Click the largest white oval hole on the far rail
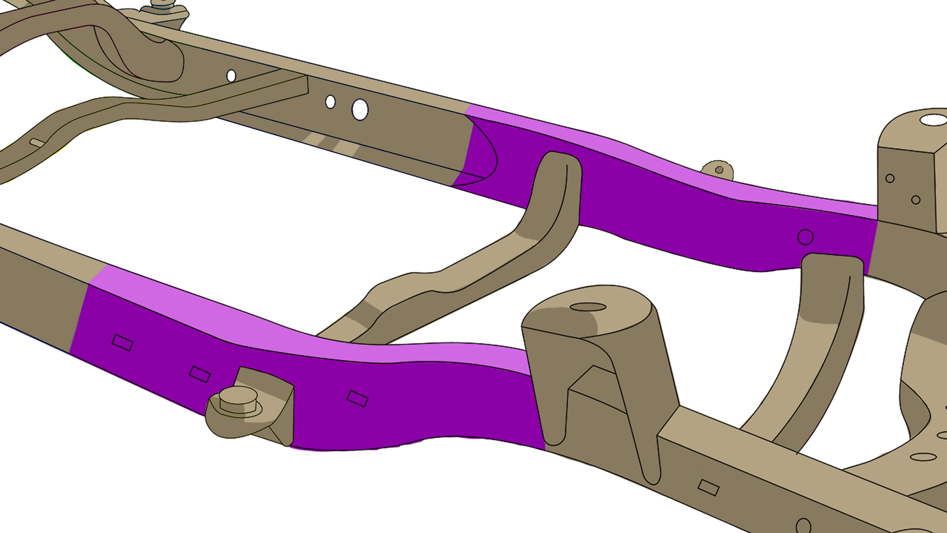point(360,109)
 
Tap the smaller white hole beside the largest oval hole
point(330,102)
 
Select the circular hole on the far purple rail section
point(805,237)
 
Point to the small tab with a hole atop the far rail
point(718,170)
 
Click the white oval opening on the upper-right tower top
point(933,120)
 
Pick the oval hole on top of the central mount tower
point(588,307)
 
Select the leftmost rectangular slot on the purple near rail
point(123,342)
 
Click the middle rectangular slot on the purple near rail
point(200,374)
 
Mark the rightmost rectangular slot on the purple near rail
point(357,399)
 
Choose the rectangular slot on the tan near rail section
point(708,487)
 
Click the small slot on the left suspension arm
point(37,143)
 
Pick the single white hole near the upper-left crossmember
point(231,76)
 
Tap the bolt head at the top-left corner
point(161,6)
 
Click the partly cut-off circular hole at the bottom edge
point(803,526)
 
